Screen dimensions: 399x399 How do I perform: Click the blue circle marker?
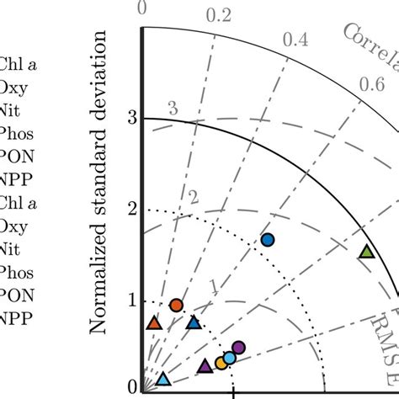[268, 240]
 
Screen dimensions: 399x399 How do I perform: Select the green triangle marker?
[365, 251]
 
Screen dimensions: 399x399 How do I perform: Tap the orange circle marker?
[176, 305]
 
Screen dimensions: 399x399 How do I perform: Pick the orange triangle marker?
[153, 322]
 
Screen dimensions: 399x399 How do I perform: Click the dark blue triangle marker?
[194, 322]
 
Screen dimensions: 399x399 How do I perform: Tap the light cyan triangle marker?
[163, 380]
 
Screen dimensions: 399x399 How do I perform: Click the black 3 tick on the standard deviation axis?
[131, 118]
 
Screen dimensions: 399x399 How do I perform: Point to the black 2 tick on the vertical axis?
[131, 209]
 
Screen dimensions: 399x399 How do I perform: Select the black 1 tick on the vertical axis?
[131, 301]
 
